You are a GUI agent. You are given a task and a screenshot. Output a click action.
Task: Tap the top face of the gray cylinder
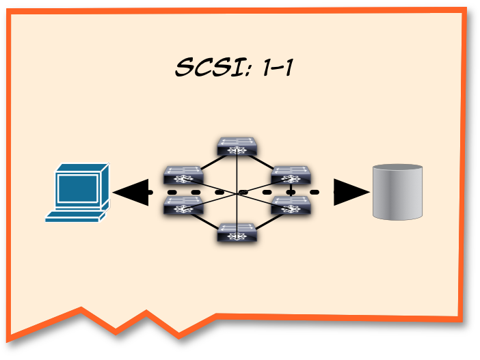click(x=397, y=169)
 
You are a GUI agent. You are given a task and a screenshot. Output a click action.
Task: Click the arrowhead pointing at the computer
click(x=130, y=192)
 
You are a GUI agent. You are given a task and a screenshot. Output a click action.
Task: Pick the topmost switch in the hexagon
click(x=237, y=146)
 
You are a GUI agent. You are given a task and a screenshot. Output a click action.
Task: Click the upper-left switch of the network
click(x=183, y=174)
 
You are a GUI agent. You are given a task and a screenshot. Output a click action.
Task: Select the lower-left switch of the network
click(x=183, y=205)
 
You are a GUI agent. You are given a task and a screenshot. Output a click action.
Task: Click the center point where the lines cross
click(x=237, y=194)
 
